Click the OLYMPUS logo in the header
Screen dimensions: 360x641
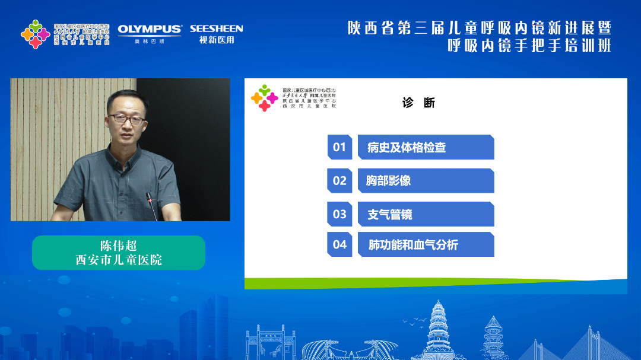[150, 29]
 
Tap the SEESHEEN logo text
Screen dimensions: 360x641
[216, 28]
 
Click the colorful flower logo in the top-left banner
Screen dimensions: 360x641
[35, 34]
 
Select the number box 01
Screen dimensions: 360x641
[339, 147]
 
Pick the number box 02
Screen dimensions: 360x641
[339, 181]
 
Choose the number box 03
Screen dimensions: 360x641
[339, 214]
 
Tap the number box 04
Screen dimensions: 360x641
[339, 244]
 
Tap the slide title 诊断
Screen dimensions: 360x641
[418, 103]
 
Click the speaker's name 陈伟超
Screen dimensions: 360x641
[119, 246]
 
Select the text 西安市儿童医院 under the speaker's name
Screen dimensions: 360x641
[119, 260]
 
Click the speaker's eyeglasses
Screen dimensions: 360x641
[127, 119]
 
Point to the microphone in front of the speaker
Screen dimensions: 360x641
[152, 207]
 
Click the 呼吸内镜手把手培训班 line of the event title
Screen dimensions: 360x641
[529, 46]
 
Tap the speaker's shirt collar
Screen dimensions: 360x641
[126, 155]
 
